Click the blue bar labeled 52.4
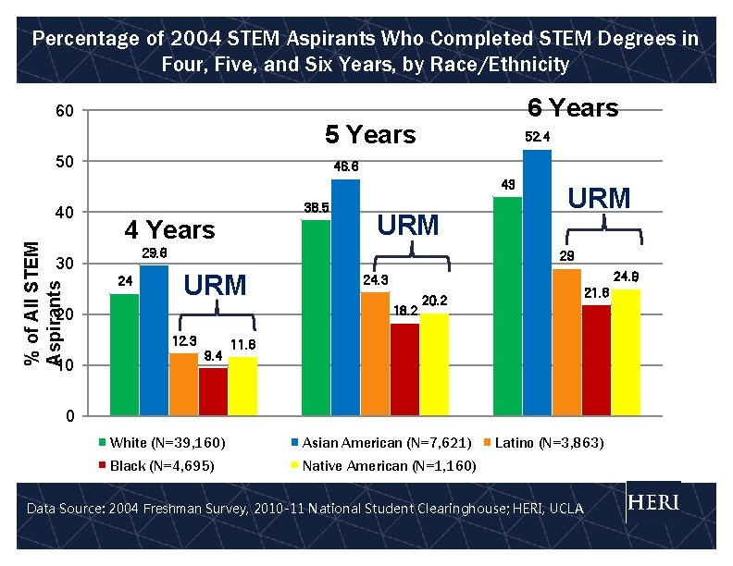(537, 282)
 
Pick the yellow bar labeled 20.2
(434, 364)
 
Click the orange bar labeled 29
(566, 341)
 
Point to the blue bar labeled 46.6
(345, 297)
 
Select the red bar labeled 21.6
(596, 360)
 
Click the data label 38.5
(317, 208)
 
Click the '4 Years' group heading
(169, 229)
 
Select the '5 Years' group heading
(370, 135)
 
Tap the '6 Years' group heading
(572, 108)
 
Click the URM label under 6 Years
(599, 198)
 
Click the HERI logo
(653, 502)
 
